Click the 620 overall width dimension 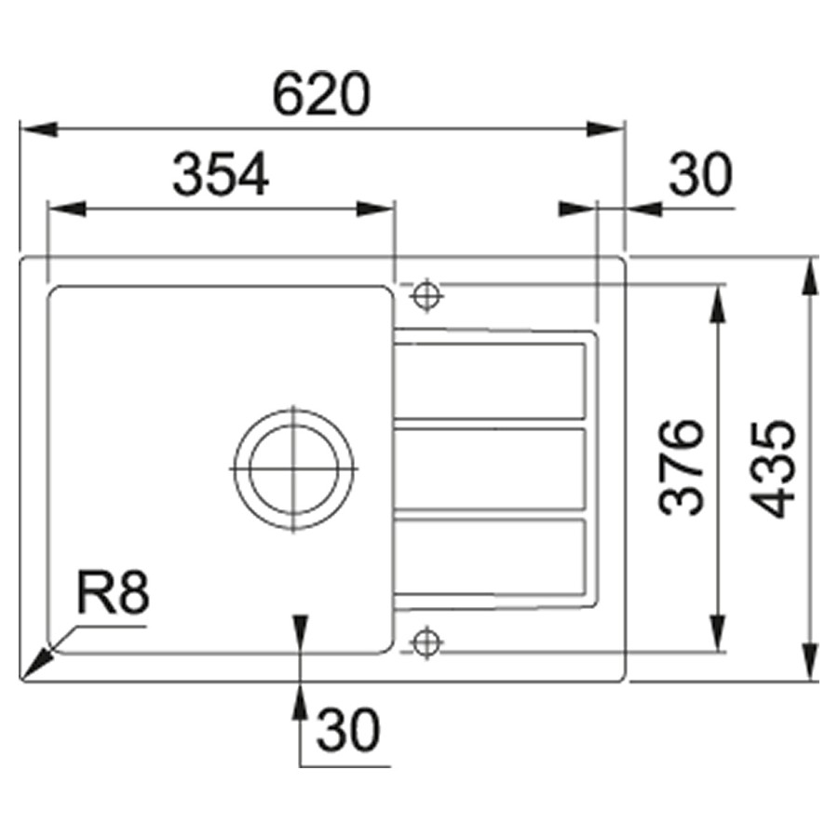pyautogui.click(x=321, y=95)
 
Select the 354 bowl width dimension pyautogui.click(x=221, y=174)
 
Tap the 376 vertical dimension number pyautogui.click(x=681, y=468)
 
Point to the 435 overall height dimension pyautogui.click(x=773, y=470)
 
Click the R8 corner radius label pyautogui.click(x=114, y=592)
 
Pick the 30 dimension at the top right pyautogui.click(x=700, y=174)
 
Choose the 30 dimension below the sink pyautogui.click(x=348, y=730)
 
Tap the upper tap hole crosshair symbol pyautogui.click(x=426, y=295)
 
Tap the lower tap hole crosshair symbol pyautogui.click(x=426, y=642)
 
